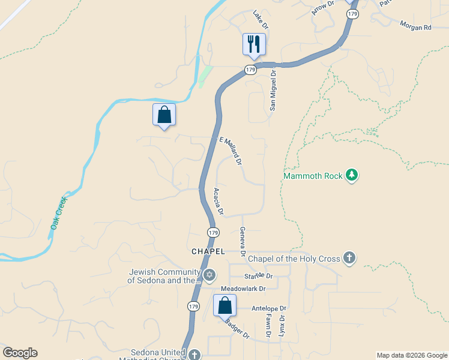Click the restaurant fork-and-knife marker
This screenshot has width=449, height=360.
click(253, 44)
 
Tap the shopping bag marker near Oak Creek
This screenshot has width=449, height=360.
click(164, 115)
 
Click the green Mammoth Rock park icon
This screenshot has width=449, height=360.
click(352, 175)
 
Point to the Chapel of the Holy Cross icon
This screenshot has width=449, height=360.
click(349, 259)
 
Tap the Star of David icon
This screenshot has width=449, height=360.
click(209, 275)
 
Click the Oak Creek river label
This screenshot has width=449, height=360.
click(59, 213)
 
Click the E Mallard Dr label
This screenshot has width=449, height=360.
click(230, 151)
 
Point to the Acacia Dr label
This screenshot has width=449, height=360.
click(218, 202)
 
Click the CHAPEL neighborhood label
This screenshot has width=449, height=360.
click(208, 251)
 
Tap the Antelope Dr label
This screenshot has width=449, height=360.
click(269, 308)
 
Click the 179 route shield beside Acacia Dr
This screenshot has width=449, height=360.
click(213, 232)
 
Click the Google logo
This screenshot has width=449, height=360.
click(20, 353)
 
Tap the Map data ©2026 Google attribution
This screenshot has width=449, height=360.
click(412, 355)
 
